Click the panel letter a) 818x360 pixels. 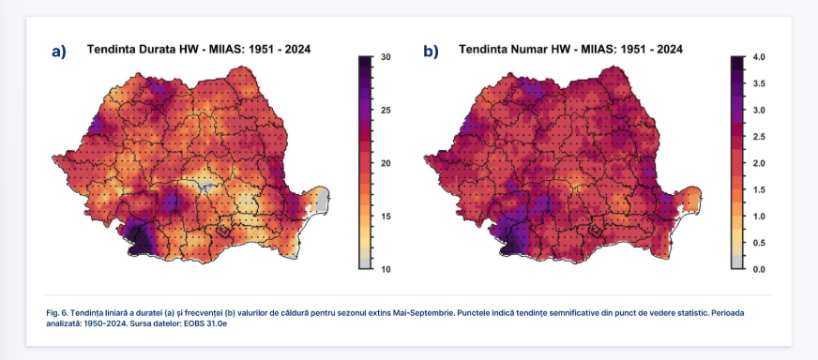point(59,52)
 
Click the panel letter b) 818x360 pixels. point(431,52)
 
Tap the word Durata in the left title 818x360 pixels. point(152,50)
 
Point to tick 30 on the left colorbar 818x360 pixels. point(386,57)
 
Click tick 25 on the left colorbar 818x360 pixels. point(386,111)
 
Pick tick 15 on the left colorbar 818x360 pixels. point(386,217)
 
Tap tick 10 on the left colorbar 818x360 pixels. point(386,269)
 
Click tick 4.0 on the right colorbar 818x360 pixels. point(759,57)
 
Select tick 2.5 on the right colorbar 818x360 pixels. point(759,137)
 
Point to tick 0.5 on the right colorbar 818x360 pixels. point(759,243)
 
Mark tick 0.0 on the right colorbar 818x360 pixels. point(759,269)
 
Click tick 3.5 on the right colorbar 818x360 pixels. point(759,84)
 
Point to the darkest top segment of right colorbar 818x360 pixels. point(738,63)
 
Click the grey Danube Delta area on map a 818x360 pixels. point(324,198)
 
